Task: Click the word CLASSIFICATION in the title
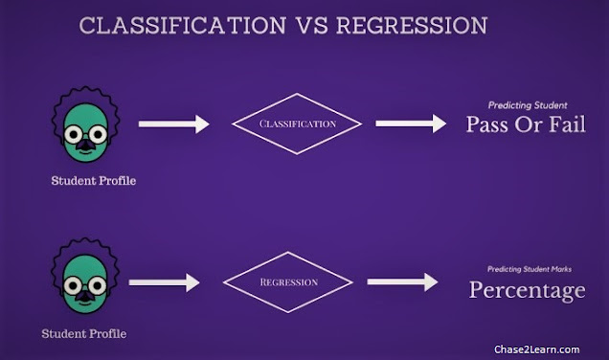(x=183, y=26)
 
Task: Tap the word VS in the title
(x=312, y=26)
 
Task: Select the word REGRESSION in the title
(x=412, y=26)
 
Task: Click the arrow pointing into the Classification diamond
(x=174, y=124)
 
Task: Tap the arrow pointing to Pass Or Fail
(x=411, y=124)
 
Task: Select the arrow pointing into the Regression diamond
(x=165, y=282)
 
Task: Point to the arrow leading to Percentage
(x=403, y=281)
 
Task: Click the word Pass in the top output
(x=487, y=124)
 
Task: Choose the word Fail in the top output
(x=568, y=124)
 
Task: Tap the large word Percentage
(x=527, y=291)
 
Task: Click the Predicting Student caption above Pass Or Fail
(x=528, y=105)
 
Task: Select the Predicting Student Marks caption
(x=530, y=269)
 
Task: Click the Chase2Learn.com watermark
(x=537, y=349)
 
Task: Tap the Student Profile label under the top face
(x=94, y=181)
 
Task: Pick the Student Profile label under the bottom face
(x=84, y=333)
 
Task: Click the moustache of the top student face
(x=85, y=146)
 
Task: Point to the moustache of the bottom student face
(x=85, y=296)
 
